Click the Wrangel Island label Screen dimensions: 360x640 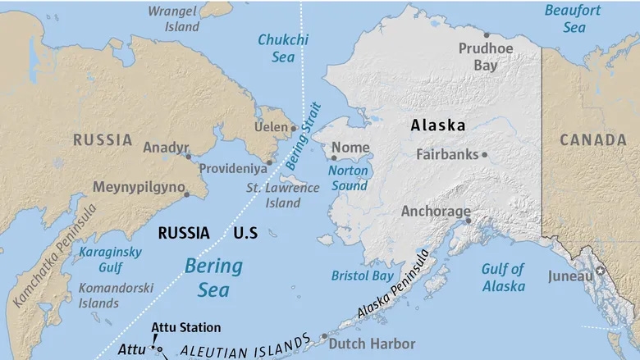[174, 18]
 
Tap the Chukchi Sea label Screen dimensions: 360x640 [282, 48]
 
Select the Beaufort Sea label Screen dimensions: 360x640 [574, 18]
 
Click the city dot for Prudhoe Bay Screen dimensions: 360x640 [487, 35]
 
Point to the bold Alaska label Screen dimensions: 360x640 [437, 125]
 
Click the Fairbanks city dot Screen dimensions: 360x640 [485, 154]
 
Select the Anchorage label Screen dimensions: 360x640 [435, 211]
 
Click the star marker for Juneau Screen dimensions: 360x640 [600, 270]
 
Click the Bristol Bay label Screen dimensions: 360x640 [362, 276]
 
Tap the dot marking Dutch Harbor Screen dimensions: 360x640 [325, 336]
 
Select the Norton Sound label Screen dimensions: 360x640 [348, 178]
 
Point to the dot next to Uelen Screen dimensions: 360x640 [294, 128]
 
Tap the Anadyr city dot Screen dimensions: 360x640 [188, 156]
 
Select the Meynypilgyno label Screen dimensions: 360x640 [138, 187]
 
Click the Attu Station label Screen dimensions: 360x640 [186, 327]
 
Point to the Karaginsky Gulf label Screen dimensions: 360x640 [110, 258]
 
